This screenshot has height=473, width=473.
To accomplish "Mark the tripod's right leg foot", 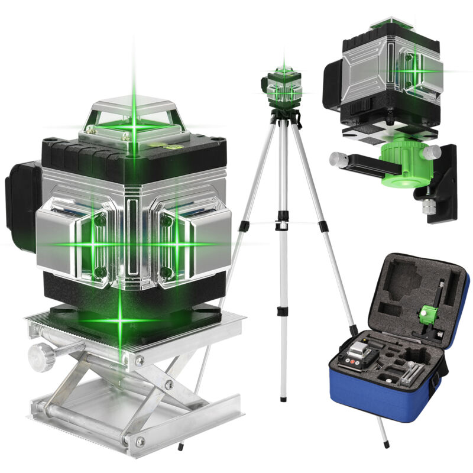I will click(387, 443).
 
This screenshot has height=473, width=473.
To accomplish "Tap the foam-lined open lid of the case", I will click(414, 290).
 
